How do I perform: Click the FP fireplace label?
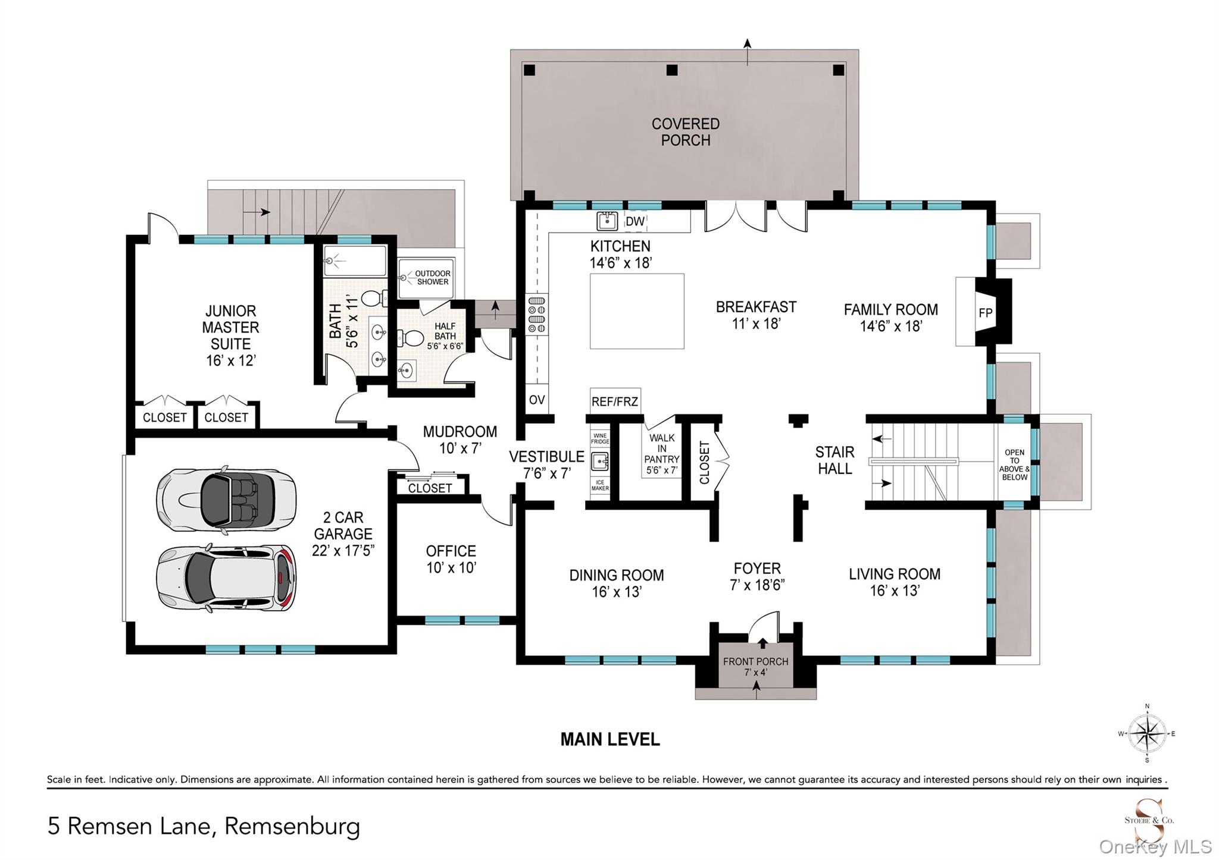pyautogui.click(x=985, y=313)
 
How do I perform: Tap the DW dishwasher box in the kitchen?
pyautogui.click(x=635, y=221)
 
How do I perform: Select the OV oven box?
pyautogui.click(x=537, y=400)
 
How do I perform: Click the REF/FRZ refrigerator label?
pyautogui.click(x=615, y=401)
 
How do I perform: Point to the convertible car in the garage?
pyautogui.click(x=226, y=498)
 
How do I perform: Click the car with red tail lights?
pyautogui.click(x=226, y=577)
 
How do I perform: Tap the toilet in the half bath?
pyautogui.click(x=410, y=338)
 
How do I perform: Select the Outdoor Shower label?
pyautogui.click(x=433, y=278)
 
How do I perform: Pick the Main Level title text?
pyautogui.click(x=610, y=739)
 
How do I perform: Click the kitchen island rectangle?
pyautogui.click(x=637, y=311)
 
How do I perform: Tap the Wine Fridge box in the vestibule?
pyautogui.click(x=600, y=439)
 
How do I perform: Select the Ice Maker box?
pyautogui.click(x=600, y=485)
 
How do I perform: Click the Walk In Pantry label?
pyautogui.click(x=661, y=454)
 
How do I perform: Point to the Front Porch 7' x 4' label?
pyautogui.click(x=755, y=666)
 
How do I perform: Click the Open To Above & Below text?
pyautogui.click(x=1014, y=464)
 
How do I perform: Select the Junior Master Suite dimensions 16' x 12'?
pyautogui.click(x=231, y=360)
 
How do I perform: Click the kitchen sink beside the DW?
pyautogui.click(x=607, y=221)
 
